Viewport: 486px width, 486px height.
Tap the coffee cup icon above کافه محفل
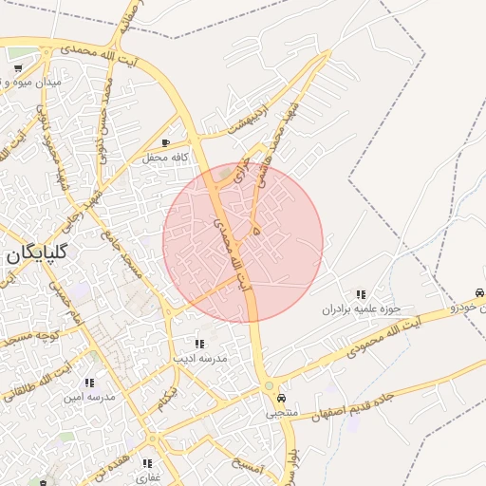coord(166,143)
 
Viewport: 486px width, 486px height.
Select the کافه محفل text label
coord(167,158)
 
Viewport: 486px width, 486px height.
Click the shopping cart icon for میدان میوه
coord(18,68)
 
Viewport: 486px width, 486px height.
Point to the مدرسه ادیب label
coord(198,359)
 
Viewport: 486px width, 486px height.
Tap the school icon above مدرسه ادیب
coord(199,344)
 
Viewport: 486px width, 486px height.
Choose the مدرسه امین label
coord(89,397)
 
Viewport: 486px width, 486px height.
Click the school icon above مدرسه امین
coord(89,383)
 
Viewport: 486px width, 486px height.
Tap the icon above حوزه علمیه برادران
coord(361,294)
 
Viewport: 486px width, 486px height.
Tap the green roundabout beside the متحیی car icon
coord(270,386)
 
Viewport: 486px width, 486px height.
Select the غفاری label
coord(147,477)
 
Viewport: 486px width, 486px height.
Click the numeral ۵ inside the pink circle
coord(256,229)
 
